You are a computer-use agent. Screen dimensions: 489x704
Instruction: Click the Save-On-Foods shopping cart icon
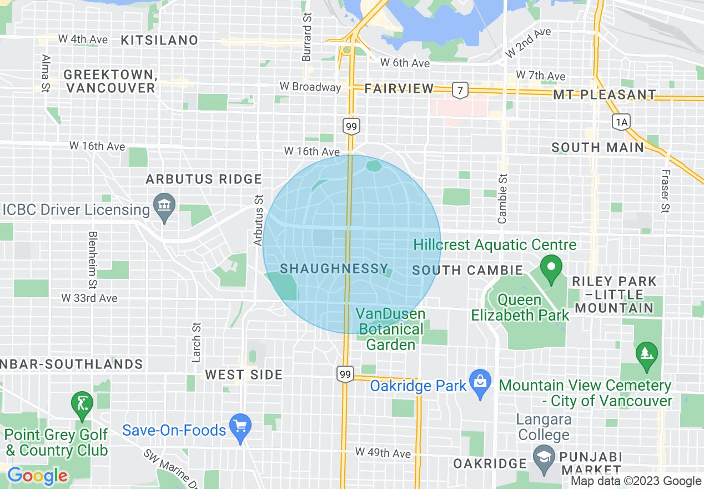[x=240, y=427]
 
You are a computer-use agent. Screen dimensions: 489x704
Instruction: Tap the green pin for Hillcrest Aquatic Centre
[x=551, y=268]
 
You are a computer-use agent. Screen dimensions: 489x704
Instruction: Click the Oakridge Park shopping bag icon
[x=480, y=382]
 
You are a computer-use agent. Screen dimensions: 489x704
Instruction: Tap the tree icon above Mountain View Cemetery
[x=646, y=353]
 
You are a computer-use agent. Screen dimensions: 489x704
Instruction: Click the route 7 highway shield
[x=459, y=89]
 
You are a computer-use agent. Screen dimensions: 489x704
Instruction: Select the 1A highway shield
[x=621, y=122]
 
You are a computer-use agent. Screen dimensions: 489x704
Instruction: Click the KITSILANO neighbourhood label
[x=159, y=40]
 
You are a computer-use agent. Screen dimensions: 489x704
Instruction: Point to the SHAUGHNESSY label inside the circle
[x=334, y=269]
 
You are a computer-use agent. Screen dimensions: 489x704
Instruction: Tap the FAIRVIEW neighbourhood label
[x=399, y=88]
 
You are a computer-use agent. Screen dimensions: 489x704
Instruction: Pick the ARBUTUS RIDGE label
[x=203, y=179]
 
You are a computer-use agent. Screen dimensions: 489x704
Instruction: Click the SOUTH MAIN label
[x=597, y=147]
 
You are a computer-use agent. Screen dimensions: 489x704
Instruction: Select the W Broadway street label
[x=310, y=87]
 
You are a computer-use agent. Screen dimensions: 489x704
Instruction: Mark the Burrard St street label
[x=306, y=38]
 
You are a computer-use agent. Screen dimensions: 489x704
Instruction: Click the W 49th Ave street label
[x=383, y=453]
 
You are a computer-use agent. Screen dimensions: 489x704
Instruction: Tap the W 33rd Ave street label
[x=89, y=298]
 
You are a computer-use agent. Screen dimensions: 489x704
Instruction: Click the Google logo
[x=37, y=476]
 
